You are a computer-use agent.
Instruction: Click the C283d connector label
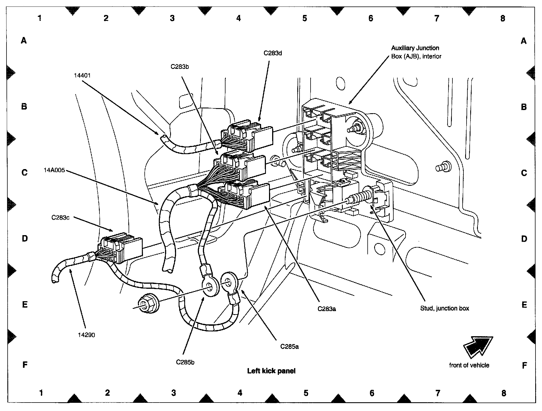click(273, 53)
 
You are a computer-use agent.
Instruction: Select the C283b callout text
click(180, 67)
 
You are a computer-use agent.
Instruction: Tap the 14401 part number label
click(83, 75)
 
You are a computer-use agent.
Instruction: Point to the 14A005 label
click(54, 170)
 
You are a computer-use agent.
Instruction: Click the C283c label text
click(60, 218)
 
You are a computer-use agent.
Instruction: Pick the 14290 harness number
click(86, 335)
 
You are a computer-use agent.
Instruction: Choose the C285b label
click(185, 362)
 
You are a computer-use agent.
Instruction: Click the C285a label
click(289, 346)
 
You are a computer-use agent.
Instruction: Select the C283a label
click(327, 309)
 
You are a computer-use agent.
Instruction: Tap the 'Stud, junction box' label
click(445, 308)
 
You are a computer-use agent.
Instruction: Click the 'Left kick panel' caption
click(271, 371)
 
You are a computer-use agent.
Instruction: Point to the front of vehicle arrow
click(478, 347)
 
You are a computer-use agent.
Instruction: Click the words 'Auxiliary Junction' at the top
click(415, 48)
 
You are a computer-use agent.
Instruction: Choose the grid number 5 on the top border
click(304, 18)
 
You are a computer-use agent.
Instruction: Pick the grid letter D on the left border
click(25, 239)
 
